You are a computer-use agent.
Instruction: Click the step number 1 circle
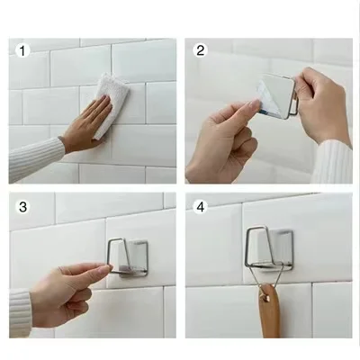22,50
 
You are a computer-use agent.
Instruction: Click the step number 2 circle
201,50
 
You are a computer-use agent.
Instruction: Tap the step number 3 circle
22,207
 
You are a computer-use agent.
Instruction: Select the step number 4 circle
201,207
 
